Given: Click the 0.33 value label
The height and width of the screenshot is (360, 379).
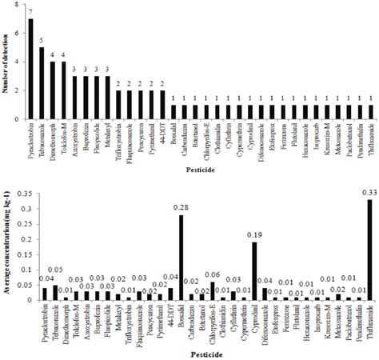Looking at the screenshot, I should tap(369, 193).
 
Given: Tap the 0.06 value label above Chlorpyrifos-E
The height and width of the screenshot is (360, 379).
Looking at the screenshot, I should tap(212, 274).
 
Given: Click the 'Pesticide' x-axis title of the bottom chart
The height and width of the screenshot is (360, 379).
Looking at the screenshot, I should tap(199, 353).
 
